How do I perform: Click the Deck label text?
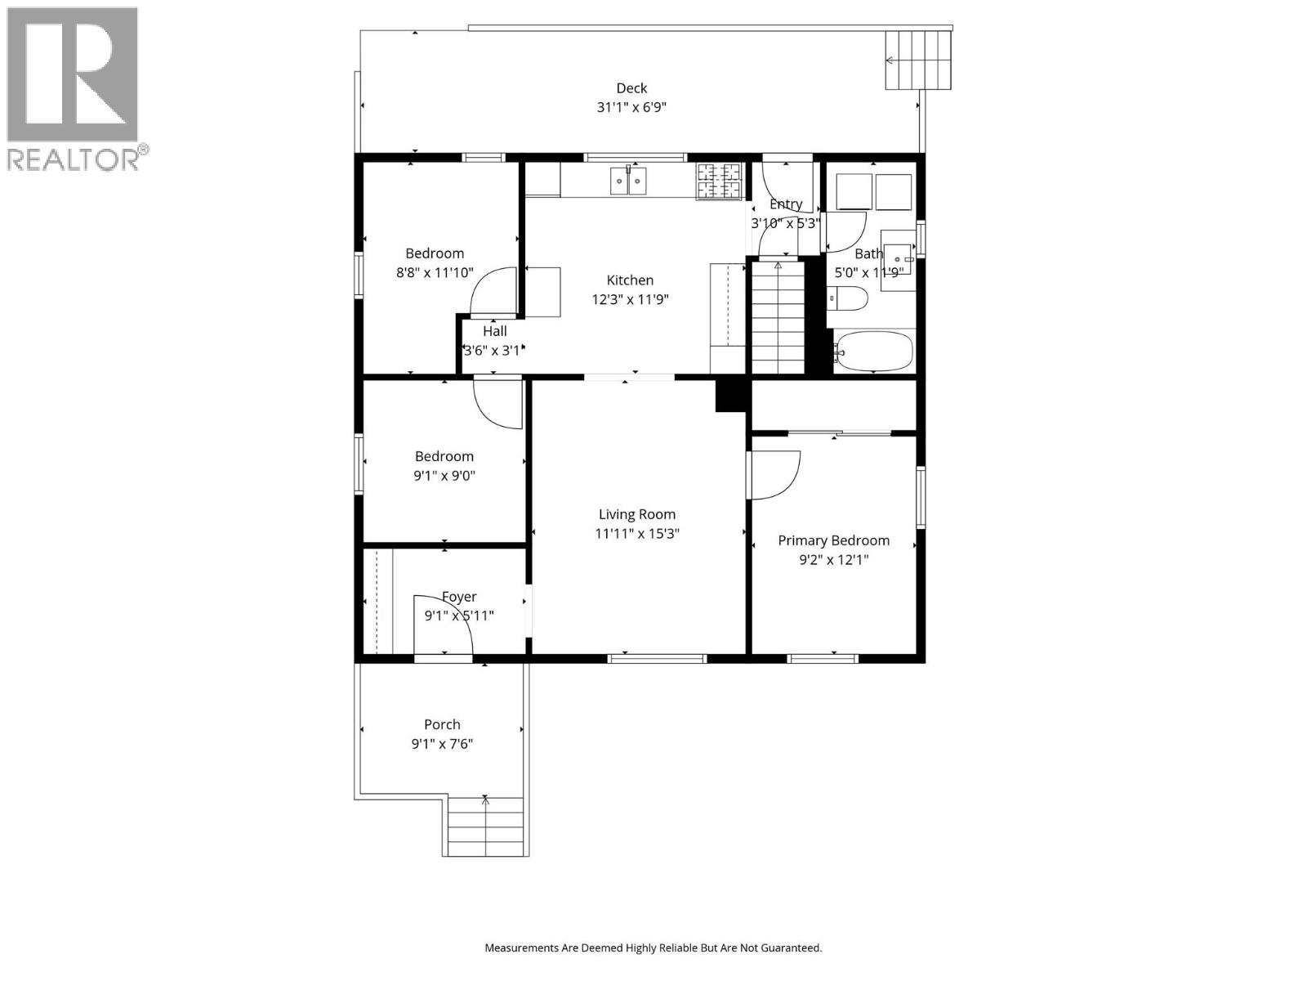pyautogui.click(x=631, y=88)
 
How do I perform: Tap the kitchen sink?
pyautogui.click(x=628, y=181)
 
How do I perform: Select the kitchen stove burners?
pyautogui.click(x=719, y=181)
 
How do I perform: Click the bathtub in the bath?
pyautogui.click(x=873, y=351)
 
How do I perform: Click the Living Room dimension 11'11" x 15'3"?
pyautogui.click(x=637, y=534)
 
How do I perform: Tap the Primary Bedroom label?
pyautogui.click(x=833, y=540)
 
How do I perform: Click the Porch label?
pyautogui.click(x=442, y=724)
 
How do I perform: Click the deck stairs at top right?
pyautogui.click(x=919, y=60)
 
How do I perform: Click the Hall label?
pyautogui.click(x=494, y=331)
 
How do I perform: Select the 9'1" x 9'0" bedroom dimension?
pyautogui.click(x=444, y=476)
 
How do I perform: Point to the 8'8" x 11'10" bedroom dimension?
pyautogui.click(x=435, y=273)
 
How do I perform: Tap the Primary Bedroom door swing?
pyautogui.click(x=774, y=474)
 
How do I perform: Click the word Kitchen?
pyautogui.click(x=630, y=280)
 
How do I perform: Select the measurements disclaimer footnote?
pyautogui.click(x=653, y=948)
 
